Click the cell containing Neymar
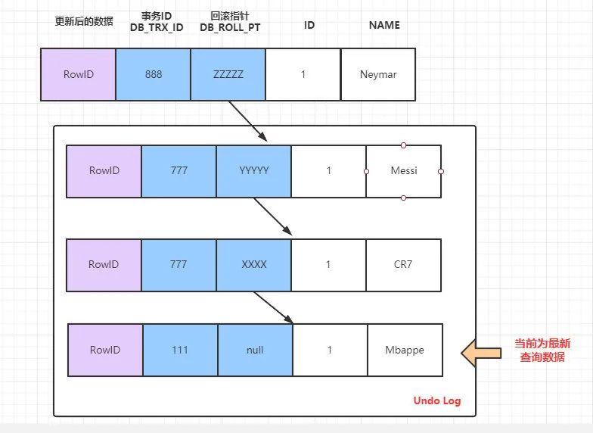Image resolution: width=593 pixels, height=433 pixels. point(378,74)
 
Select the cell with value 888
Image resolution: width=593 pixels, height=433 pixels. point(153,74)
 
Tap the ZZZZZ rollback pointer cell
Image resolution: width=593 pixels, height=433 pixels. point(228,74)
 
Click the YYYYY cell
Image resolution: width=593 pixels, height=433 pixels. point(254,171)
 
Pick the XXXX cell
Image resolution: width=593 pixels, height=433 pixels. point(254,265)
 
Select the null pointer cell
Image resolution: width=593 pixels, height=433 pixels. point(256,350)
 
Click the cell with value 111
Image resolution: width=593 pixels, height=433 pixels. point(180,350)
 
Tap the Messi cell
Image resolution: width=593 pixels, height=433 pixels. point(404,171)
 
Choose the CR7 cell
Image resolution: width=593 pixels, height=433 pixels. point(404,265)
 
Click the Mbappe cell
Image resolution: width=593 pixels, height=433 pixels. point(405,350)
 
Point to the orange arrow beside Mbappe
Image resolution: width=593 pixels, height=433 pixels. point(481,353)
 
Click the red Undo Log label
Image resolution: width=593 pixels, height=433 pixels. point(437,401)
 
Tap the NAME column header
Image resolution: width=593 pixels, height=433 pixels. point(384,25)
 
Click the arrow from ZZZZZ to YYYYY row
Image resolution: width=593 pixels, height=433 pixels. point(248,121)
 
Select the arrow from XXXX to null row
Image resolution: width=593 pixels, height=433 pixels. point(274,307)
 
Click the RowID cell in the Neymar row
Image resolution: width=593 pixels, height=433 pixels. point(79,74)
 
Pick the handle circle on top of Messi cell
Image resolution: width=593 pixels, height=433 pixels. point(404,145)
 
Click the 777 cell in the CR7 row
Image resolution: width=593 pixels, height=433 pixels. point(179,265)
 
